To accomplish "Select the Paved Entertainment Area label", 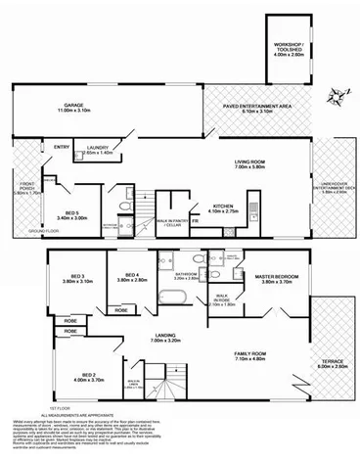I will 255,107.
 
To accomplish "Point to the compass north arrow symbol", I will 338,94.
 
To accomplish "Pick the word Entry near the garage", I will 63,148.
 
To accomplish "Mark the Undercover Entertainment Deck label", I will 333,193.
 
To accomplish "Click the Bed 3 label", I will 76,279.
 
